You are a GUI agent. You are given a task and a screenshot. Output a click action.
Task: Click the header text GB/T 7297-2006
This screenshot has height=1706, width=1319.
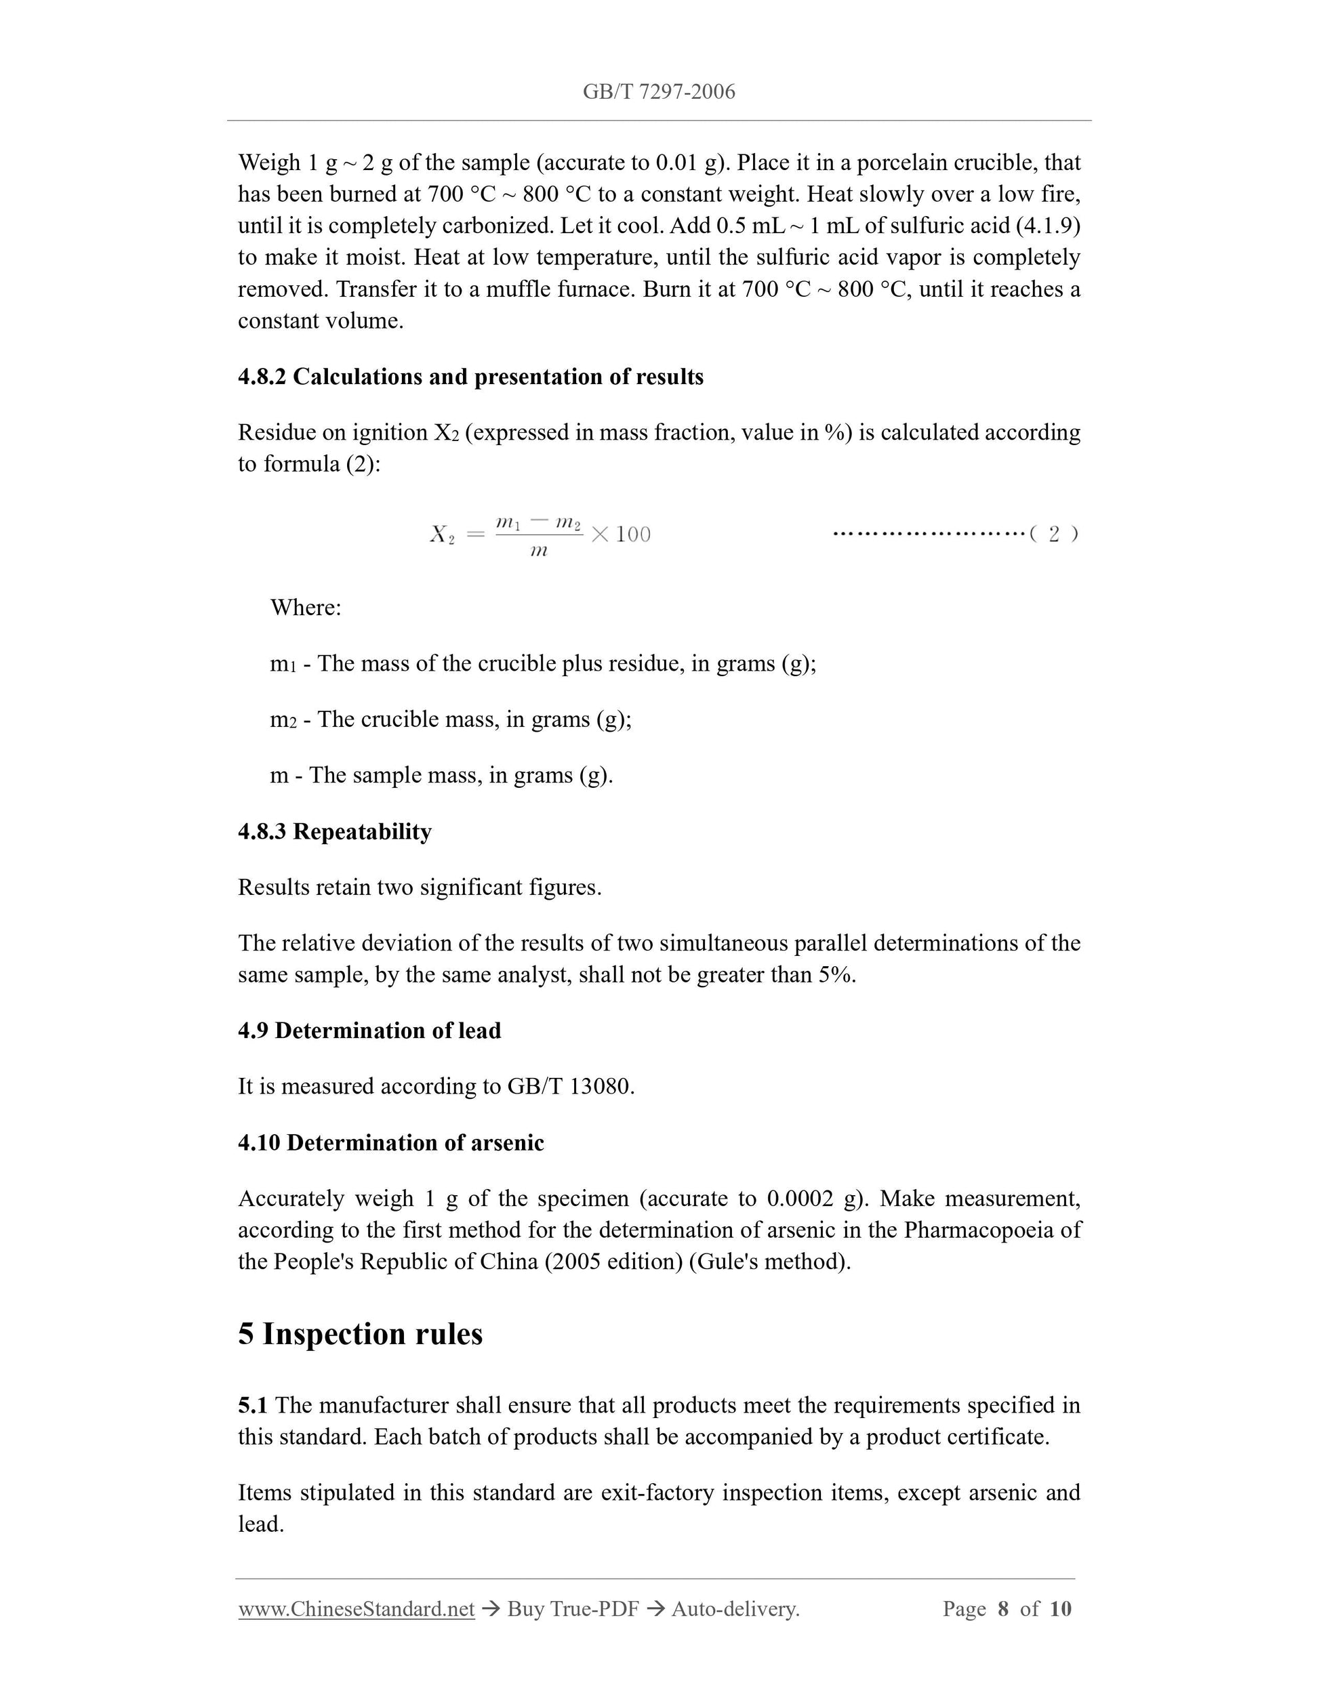click(x=659, y=92)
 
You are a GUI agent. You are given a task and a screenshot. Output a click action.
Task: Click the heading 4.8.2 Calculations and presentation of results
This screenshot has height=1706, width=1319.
click(x=470, y=377)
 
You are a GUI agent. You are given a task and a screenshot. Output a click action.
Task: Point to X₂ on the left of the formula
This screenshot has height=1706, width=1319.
click(x=441, y=535)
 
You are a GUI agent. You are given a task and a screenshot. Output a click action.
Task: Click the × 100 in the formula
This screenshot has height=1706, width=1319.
click(x=622, y=535)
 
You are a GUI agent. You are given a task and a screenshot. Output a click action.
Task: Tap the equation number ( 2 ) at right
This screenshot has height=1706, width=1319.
click(x=1053, y=535)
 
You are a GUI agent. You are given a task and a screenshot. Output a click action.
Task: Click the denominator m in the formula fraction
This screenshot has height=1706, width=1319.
click(x=538, y=552)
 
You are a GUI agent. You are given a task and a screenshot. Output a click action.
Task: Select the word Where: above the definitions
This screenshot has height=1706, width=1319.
click(x=306, y=608)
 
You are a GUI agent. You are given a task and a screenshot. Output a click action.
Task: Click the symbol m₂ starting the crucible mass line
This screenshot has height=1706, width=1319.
click(x=283, y=720)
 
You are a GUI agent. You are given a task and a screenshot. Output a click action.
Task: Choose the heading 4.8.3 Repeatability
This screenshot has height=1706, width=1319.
click(x=334, y=831)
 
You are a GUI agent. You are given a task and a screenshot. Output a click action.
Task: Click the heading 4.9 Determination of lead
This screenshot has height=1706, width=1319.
click(x=369, y=1031)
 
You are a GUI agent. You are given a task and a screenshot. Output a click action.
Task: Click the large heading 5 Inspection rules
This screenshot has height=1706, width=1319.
click(x=360, y=1334)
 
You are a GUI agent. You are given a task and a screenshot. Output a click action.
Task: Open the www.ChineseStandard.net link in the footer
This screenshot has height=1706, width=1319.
click(x=357, y=1609)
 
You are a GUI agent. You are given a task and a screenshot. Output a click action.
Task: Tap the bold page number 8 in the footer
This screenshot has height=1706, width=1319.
click(x=1002, y=1609)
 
